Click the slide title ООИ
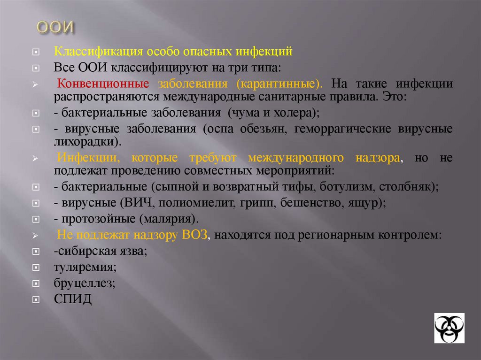click(x=56, y=28)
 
